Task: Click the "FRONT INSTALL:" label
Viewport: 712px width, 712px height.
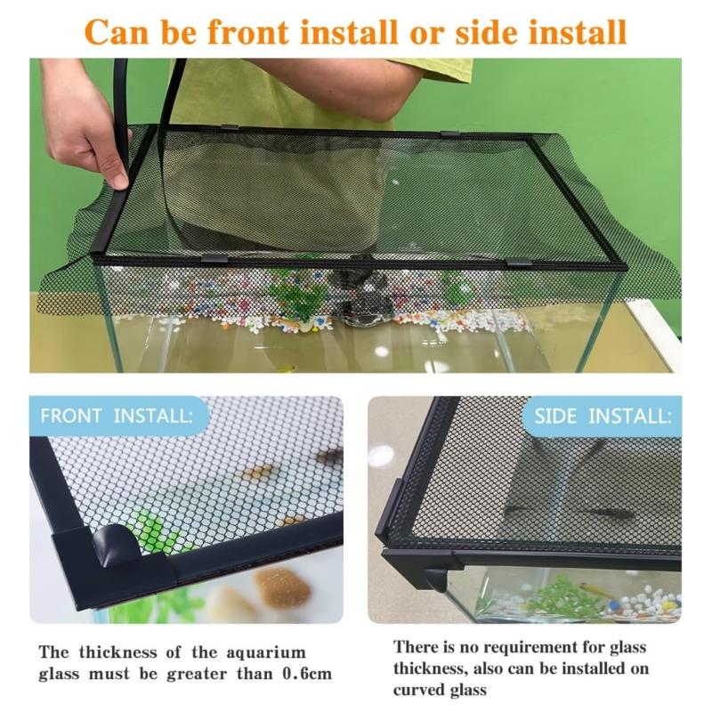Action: point(115,416)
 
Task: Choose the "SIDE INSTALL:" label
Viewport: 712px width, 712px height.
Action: point(602,416)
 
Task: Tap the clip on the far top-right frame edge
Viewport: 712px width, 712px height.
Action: point(450,133)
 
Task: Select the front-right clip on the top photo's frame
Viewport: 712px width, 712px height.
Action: point(517,263)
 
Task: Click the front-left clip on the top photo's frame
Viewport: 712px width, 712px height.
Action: point(214,259)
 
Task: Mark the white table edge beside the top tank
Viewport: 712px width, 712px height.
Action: point(654,329)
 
